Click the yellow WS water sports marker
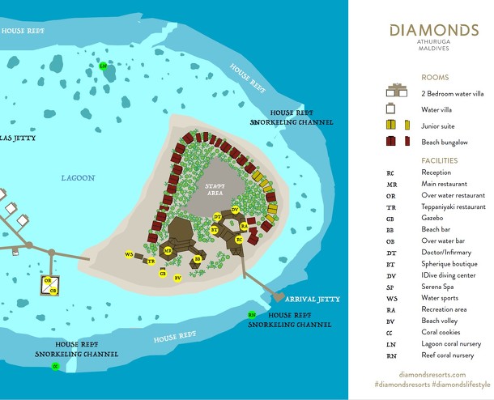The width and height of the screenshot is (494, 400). pos(129,255)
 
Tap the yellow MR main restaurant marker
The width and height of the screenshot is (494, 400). pos(168,251)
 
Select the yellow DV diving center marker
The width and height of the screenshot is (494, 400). pos(235,210)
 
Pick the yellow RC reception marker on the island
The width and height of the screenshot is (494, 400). pos(239,240)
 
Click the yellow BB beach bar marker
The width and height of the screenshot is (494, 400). pos(197,260)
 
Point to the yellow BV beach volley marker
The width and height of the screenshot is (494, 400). pos(177,277)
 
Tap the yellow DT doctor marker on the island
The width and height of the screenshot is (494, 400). pos(217,216)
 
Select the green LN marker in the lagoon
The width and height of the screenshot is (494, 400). pos(103,66)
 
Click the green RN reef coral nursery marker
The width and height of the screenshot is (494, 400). pos(252,314)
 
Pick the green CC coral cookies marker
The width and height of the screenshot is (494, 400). pos(55,367)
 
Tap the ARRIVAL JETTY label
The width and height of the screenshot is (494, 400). pos(313,299)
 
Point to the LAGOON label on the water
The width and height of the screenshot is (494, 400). pos(78,177)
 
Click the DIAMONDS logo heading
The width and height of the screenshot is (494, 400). pos(433,30)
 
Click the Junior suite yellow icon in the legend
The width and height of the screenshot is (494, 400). pos(394,125)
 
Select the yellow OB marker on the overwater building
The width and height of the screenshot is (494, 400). pos(53,290)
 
